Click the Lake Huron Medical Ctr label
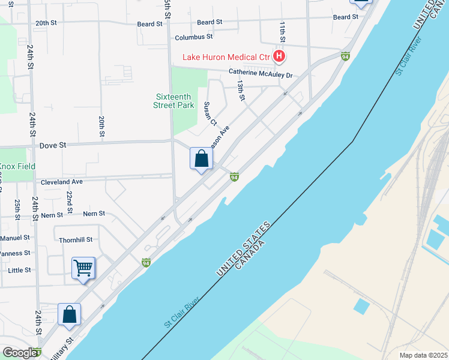tap(228, 58)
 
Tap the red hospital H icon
tap(279, 57)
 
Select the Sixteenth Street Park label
tap(174, 101)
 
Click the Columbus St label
tap(194, 37)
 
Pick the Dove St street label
tap(52, 145)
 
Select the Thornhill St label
tap(76, 239)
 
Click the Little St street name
tap(19, 270)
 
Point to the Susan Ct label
tap(209, 114)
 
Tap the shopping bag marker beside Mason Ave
tap(202, 159)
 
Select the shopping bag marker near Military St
tap(70, 314)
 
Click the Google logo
tap(20, 353)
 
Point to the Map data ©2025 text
tap(423, 355)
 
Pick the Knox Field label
tap(17, 166)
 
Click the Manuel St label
tap(15, 238)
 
